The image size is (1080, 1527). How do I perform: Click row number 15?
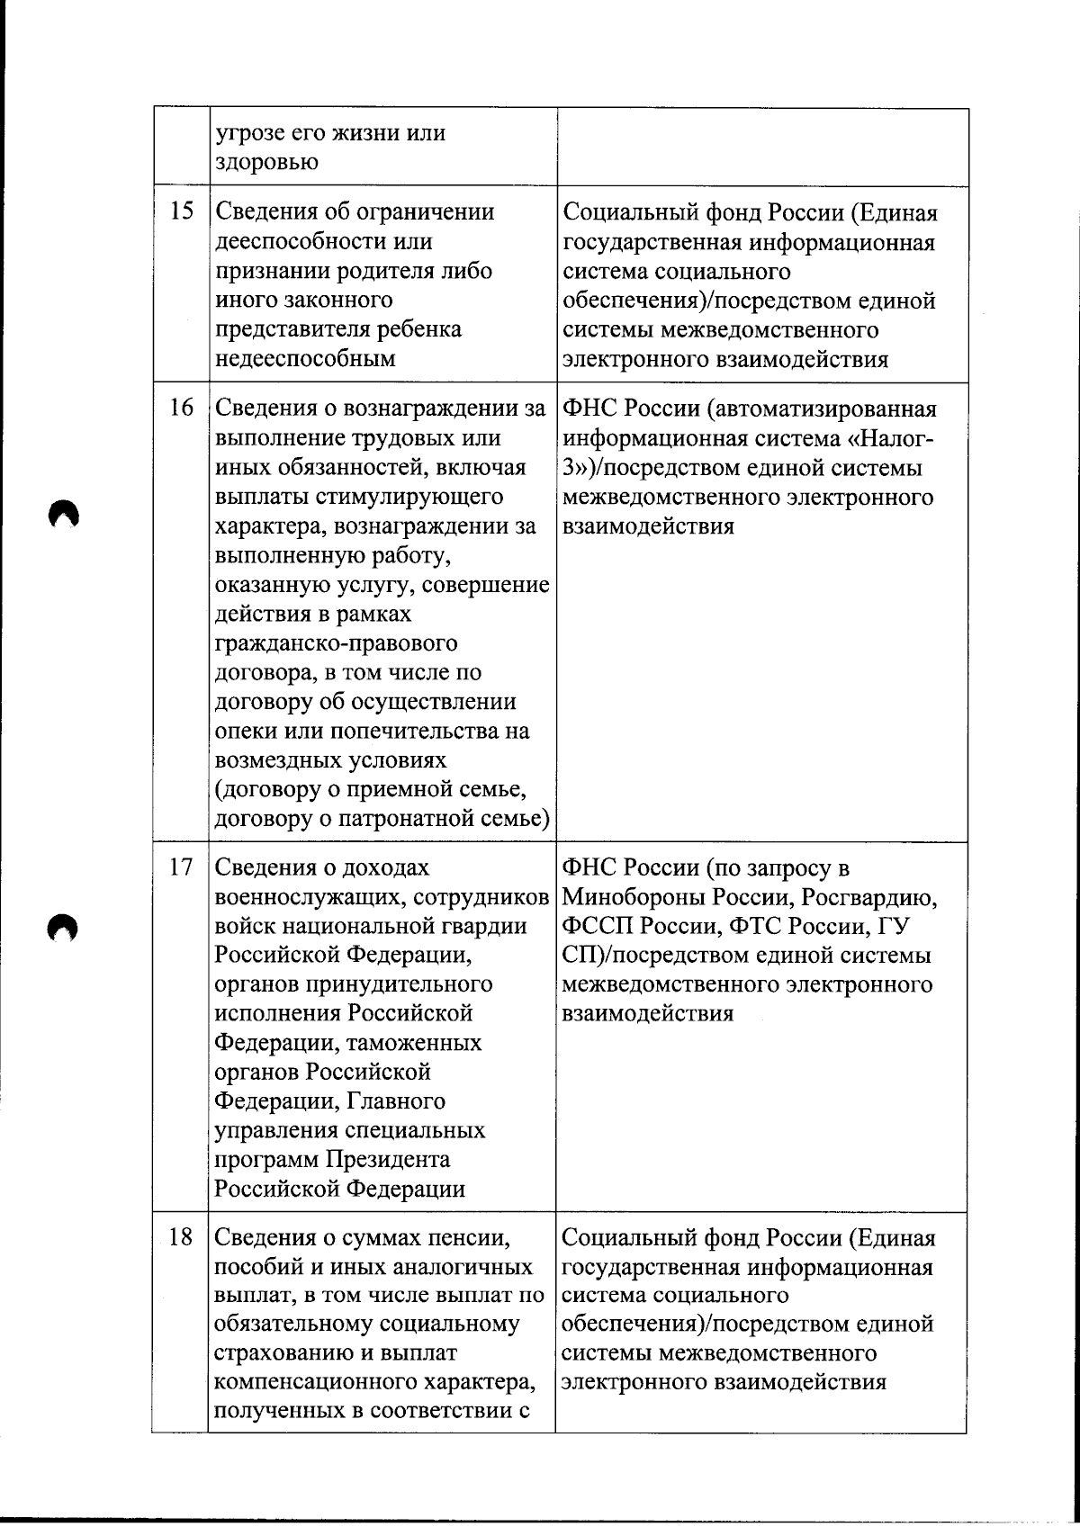click(x=182, y=212)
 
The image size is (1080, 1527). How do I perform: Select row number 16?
click(x=182, y=408)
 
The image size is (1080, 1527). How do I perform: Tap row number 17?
click(x=182, y=867)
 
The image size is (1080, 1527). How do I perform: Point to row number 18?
click(x=182, y=1237)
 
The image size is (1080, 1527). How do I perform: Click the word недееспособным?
click(x=305, y=359)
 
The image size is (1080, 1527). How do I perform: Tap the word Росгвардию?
click(x=870, y=897)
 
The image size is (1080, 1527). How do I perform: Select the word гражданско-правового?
click(x=336, y=643)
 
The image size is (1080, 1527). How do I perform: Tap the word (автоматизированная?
click(x=821, y=409)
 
